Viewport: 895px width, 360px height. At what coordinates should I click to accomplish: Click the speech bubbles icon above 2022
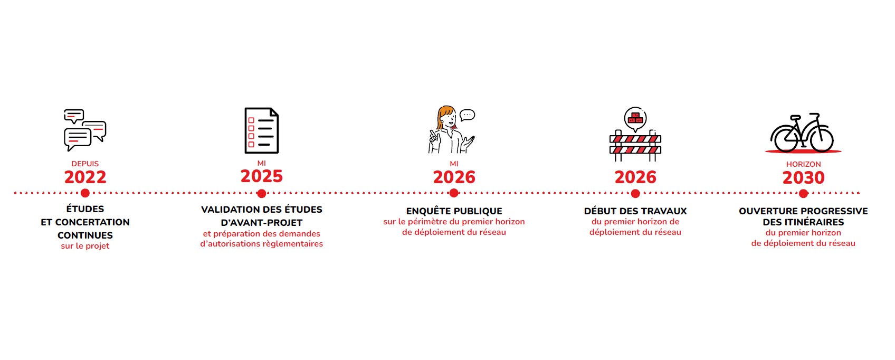pyautogui.click(x=85, y=130)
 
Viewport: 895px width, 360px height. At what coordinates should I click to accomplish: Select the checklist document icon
pyautogui.click(x=262, y=130)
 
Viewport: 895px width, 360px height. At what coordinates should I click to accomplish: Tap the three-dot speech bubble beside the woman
pyautogui.click(x=467, y=115)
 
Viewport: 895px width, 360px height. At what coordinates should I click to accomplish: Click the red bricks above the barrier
pyautogui.click(x=635, y=118)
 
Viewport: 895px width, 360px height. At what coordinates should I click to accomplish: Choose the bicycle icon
pyautogui.click(x=802, y=132)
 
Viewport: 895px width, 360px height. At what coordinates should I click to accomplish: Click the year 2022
pyautogui.click(x=85, y=177)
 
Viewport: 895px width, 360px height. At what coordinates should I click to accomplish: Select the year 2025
pyautogui.click(x=262, y=177)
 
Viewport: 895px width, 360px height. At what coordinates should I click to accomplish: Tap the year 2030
pyautogui.click(x=804, y=178)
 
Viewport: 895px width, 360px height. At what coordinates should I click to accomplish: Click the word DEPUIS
pyautogui.click(x=85, y=164)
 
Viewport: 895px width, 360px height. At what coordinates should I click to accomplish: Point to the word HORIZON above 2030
pyautogui.click(x=804, y=164)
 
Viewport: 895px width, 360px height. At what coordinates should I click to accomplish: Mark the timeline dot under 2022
pyautogui.click(x=85, y=193)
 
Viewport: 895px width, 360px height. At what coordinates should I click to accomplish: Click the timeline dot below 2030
pyautogui.click(x=804, y=194)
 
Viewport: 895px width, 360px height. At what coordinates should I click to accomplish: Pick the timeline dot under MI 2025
pyautogui.click(x=262, y=194)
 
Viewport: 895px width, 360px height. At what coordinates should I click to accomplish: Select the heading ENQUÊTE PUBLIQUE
pyautogui.click(x=454, y=211)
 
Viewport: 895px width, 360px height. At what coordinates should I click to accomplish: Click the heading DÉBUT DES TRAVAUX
pyautogui.click(x=635, y=211)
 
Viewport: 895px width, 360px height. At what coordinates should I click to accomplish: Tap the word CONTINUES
pyautogui.click(x=85, y=235)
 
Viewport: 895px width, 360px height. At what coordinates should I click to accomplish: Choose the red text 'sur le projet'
pyautogui.click(x=85, y=246)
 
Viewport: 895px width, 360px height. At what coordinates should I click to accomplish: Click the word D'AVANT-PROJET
pyautogui.click(x=262, y=223)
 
